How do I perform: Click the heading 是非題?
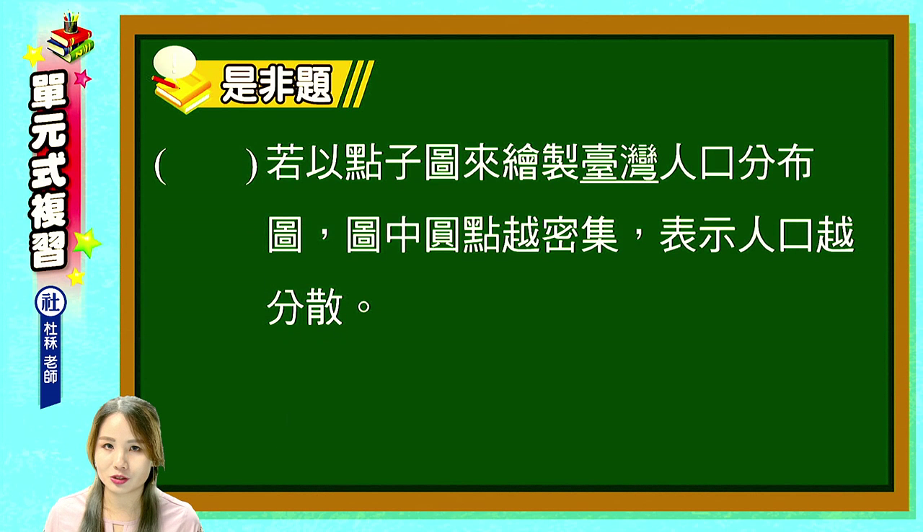point(276,85)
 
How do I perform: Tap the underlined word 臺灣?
point(619,163)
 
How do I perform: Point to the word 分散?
point(304,307)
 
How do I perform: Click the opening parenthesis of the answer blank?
point(160,166)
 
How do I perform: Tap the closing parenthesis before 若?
point(252,166)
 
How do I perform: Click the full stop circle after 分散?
point(364,306)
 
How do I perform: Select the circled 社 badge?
point(50,302)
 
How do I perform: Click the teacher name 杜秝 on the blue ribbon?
point(50,336)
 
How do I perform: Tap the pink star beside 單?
point(82,79)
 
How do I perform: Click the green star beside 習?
point(87,242)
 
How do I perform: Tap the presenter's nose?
point(120,463)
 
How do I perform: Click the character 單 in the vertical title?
point(48,91)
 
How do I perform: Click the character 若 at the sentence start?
point(283,163)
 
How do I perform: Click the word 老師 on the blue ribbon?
point(50,369)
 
